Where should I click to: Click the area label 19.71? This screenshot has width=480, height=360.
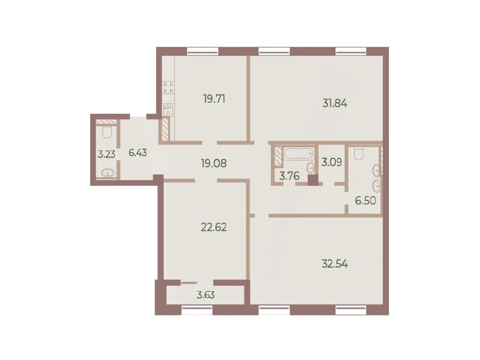(x=214, y=99)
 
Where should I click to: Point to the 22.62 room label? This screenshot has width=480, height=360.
(x=214, y=227)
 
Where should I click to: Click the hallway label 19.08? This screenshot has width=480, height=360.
(x=214, y=163)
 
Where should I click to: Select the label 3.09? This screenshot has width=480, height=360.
(x=331, y=161)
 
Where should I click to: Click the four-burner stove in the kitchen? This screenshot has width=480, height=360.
(x=168, y=87)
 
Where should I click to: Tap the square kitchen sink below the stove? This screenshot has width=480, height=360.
(x=168, y=110)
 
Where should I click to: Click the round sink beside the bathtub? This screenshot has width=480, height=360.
(x=310, y=168)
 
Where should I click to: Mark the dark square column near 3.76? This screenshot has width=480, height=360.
(x=313, y=180)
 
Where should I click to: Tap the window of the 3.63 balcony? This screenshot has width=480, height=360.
(x=195, y=311)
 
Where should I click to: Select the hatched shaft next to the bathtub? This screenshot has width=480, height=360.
(x=278, y=156)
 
